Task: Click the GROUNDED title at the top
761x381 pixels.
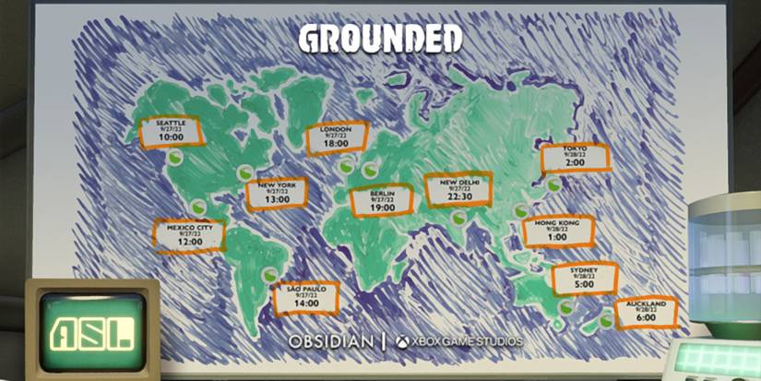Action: (x=380, y=38)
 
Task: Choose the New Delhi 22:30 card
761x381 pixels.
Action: (x=458, y=190)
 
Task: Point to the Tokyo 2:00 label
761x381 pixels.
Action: (x=575, y=157)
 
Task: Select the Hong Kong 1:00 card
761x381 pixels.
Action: (x=556, y=230)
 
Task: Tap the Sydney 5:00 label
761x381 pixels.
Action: (x=584, y=278)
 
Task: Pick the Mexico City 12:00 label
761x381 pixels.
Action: (x=189, y=235)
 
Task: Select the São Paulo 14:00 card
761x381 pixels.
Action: (x=306, y=297)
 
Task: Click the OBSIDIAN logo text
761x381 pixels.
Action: (x=331, y=341)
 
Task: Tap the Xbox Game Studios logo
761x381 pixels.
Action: (x=458, y=341)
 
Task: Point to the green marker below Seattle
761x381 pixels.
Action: (x=175, y=158)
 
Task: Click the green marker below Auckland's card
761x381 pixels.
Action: (x=606, y=320)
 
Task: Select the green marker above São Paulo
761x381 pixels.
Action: (x=268, y=273)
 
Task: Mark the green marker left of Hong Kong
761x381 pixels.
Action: (x=520, y=211)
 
